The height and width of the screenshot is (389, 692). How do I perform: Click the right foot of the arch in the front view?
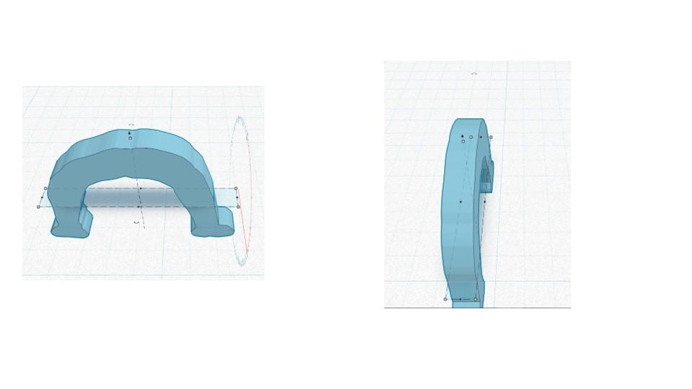point(213,224)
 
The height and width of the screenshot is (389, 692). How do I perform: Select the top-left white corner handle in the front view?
point(45,189)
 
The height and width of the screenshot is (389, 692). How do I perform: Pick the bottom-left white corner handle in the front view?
point(38,207)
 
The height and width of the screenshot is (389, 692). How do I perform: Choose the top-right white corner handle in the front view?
point(236,189)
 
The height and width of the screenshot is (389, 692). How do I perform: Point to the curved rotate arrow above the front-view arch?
point(130,125)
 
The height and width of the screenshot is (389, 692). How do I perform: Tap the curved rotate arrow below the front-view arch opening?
point(137,223)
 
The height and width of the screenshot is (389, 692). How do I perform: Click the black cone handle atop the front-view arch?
point(130,133)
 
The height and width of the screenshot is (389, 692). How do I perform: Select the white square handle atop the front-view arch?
point(130,138)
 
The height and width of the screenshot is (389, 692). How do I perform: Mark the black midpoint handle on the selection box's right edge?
point(236,197)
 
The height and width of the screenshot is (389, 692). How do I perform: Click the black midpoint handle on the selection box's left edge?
point(42,198)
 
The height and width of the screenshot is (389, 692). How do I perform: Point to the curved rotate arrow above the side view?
point(474,73)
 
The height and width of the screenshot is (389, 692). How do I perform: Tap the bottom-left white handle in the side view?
point(445,299)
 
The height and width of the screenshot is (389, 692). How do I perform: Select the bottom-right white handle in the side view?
point(476,299)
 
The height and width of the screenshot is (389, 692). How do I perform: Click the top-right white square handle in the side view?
point(491,137)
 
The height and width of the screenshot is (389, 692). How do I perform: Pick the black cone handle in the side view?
point(462,135)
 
